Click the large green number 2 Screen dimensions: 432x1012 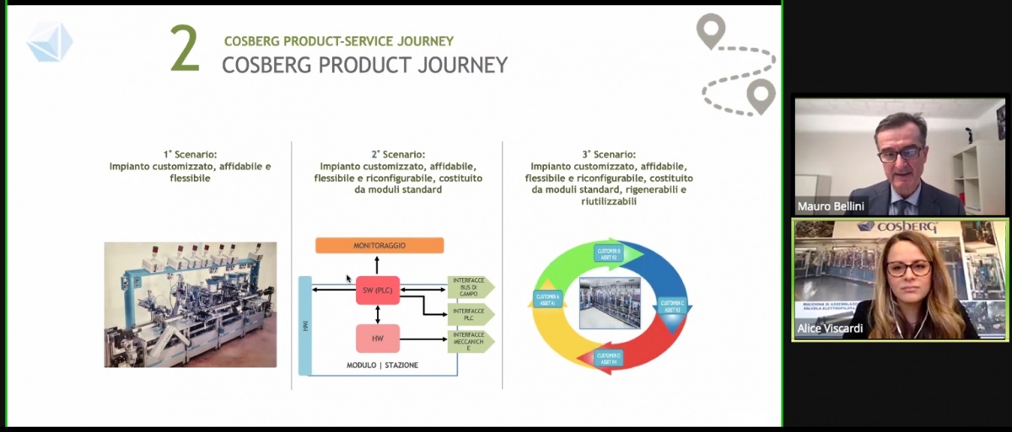click(185, 50)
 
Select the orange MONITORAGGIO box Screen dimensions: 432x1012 click(379, 245)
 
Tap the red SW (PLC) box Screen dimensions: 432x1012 click(378, 290)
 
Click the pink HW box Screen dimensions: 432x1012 click(378, 338)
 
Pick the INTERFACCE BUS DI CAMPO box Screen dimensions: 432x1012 click(470, 287)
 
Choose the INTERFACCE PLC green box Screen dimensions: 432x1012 click(470, 315)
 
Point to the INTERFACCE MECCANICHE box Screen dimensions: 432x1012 click(470, 341)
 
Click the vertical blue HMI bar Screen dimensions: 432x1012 click(304, 324)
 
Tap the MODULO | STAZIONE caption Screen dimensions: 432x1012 click(382, 365)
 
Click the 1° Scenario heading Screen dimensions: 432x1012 click(190, 155)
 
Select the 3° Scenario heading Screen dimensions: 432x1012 click(609, 155)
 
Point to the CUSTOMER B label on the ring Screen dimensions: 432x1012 click(609, 253)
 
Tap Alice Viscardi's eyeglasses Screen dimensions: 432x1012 click(908, 269)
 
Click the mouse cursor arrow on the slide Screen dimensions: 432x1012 click(349, 279)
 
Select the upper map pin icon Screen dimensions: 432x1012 click(711, 30)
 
